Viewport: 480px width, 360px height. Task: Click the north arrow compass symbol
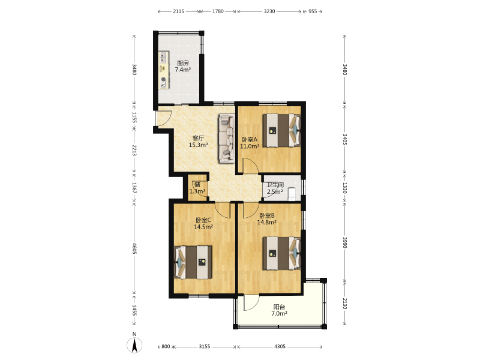click(x=134, y=345)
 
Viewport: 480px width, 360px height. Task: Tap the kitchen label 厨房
click(x=183, y=64)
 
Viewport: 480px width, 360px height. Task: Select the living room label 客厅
click(x=198, y=139)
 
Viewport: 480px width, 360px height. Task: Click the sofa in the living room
click(x=226, y=138)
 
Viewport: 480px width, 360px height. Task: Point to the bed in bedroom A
click(x=281, y=130)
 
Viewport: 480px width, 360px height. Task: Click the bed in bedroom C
click(x=193, y=262)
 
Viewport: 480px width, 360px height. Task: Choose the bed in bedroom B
click(x=281, y=253)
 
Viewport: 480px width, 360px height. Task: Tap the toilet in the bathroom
click(x=292, y=193)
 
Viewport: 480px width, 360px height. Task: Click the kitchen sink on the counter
click(x=164, y=56)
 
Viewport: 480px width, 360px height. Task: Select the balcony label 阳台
click(x=279, y=307)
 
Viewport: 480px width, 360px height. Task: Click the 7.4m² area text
click(x=183, y=70)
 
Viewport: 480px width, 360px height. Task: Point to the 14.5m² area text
click(x=203, y=227)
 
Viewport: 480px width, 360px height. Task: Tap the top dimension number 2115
click(x=178, y=11)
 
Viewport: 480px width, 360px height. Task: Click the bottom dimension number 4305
click(x=280, y=347)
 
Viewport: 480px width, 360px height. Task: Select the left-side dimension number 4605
click(x=134, y=248)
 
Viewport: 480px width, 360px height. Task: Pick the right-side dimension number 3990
click(x=345, y=242)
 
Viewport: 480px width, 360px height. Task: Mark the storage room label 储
click(x=197, y=184)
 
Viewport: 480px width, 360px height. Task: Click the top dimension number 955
click(x=313, y=11)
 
